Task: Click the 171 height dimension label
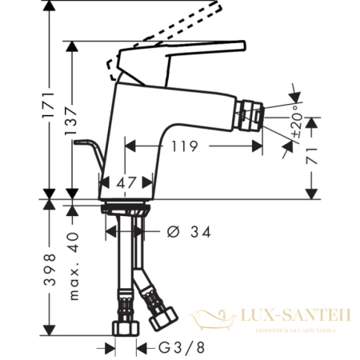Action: coord(49,103)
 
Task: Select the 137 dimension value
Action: coord(72,120)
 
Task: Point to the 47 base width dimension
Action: coord(126,182)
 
